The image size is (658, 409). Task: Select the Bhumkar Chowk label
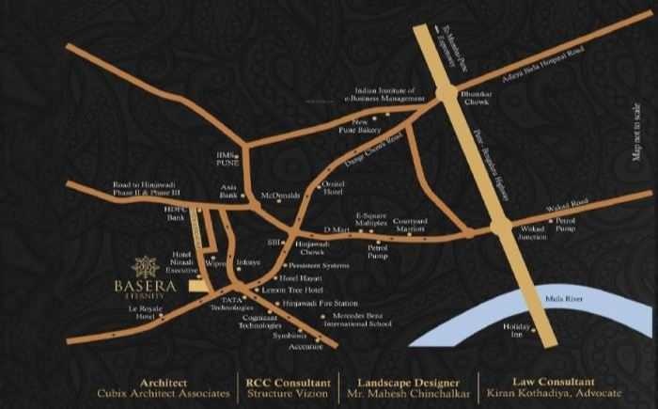point(453,99)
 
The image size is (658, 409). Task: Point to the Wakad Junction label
point(533,232)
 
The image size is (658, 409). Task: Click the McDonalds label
point(280,196)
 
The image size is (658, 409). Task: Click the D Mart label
point(335,228)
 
